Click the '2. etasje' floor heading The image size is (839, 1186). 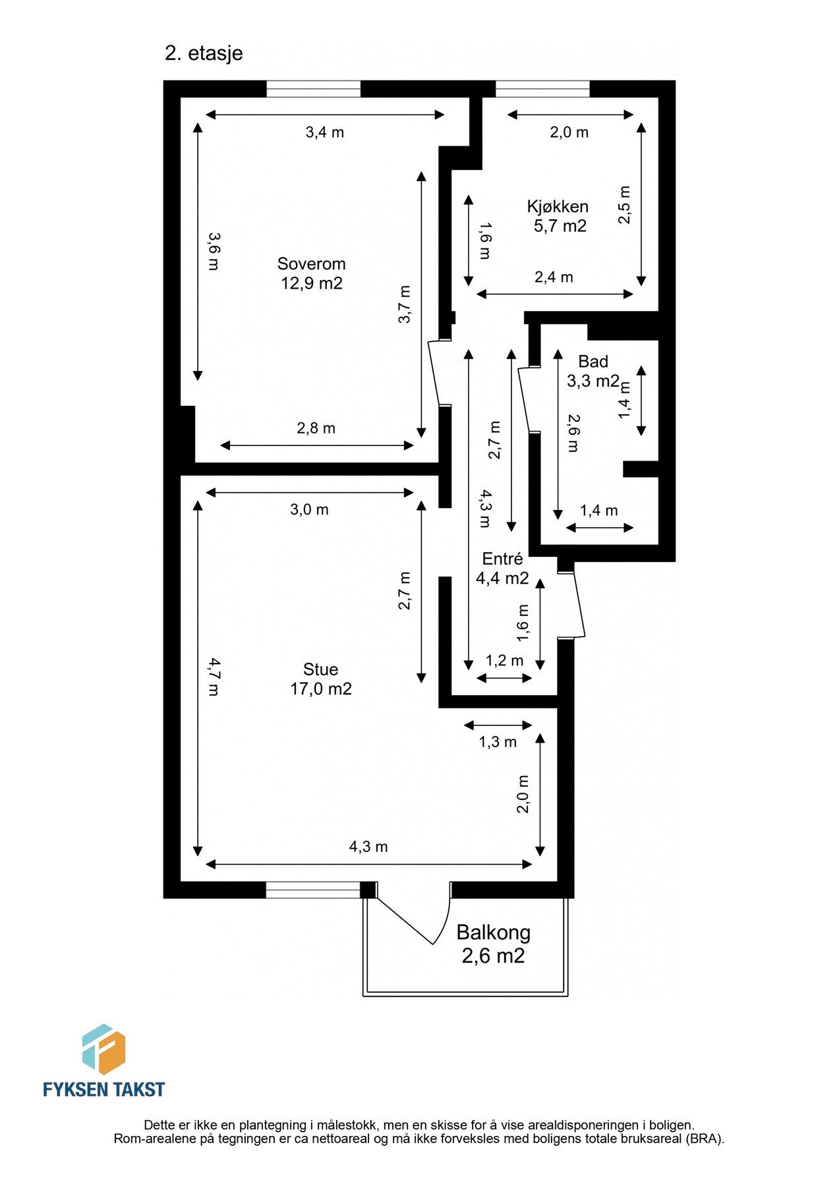204,53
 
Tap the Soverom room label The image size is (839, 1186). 311,264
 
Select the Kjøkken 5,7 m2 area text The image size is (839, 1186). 560,226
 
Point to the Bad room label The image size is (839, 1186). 593,361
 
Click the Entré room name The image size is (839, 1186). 502,559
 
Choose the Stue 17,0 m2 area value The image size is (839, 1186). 320,689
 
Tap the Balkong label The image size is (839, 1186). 493,932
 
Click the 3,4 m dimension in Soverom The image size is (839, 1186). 324,132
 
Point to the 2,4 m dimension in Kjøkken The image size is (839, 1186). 554,277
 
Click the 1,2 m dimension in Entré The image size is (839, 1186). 504,660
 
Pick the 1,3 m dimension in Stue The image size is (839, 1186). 497,743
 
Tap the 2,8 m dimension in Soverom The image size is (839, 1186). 316,428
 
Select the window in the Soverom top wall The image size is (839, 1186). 313,89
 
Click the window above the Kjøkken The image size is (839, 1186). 542,89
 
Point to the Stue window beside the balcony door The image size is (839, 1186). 313,890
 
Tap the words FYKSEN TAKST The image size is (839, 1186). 103,1089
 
